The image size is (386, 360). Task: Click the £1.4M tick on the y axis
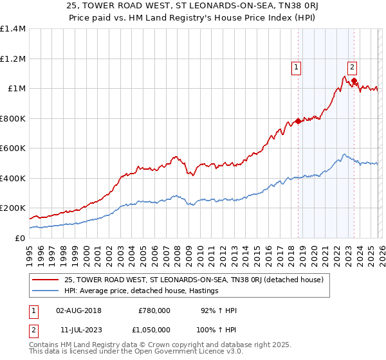click(x=12, y=29)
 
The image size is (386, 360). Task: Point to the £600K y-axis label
click(x=12, y=148)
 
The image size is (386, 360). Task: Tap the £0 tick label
click(x=19, y=238)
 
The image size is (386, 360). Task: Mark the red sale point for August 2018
click(x=298, y=121)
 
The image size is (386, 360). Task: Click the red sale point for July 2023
click(x=354, y=80)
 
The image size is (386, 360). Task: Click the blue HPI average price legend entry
click(x=142, y=291)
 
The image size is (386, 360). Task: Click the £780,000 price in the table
click(x=154, y=310)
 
